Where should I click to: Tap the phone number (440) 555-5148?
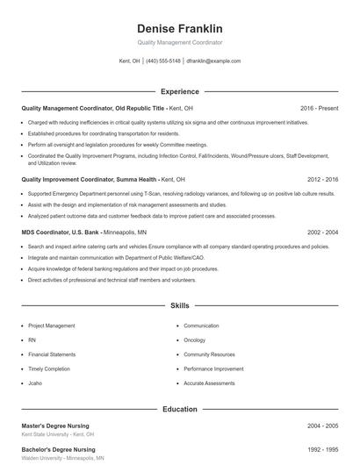(x=162, y=61)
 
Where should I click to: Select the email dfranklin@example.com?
(x=213, y=61)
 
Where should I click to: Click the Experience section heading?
(x=179, y=91)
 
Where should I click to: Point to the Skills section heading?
(x=179, y=306)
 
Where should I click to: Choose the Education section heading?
(x=179, y=409)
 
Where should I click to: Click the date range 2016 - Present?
(x=319, y=108)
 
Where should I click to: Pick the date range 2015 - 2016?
(x=320, y=178)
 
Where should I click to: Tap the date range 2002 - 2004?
(x=322, y=232)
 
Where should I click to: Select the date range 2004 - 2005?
(x=322, y=426)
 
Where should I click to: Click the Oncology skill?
(x=195, y=340)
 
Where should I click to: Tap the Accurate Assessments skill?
(x=210, y=383)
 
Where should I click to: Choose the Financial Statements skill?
(x=51, y=354)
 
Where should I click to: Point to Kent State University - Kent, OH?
(x=57, y=434)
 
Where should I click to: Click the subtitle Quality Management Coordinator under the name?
(x=179, y=42)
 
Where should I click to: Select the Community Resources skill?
(x=210, y=354)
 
